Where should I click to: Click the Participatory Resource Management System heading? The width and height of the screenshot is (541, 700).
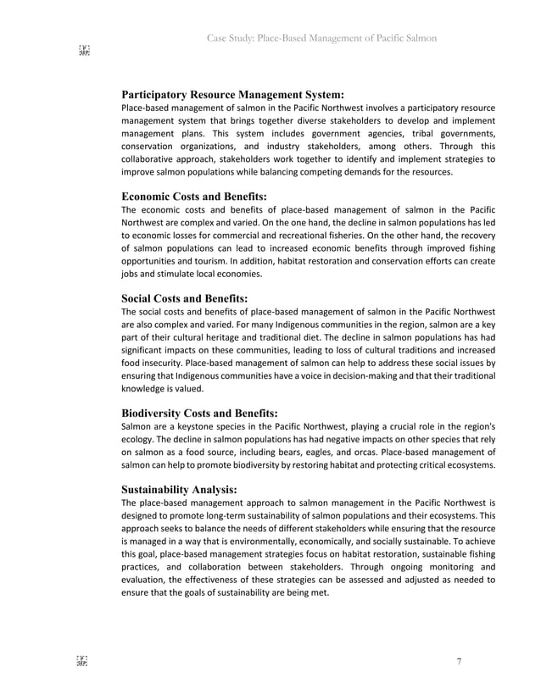pyautogui.click(x=232, y=95)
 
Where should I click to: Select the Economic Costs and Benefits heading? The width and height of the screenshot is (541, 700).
pyautogui.click(x=194, y=196)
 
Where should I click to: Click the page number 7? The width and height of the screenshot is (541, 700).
pyautogui.click(x=459, y=662)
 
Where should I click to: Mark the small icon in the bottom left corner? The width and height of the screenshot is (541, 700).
pyautogui.click(x=83, y=661)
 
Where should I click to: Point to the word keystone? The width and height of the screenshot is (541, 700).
pyautogui.click(x=188, y=426)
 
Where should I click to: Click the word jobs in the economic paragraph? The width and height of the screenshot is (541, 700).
pyautogui.click(x=131, y=275)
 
